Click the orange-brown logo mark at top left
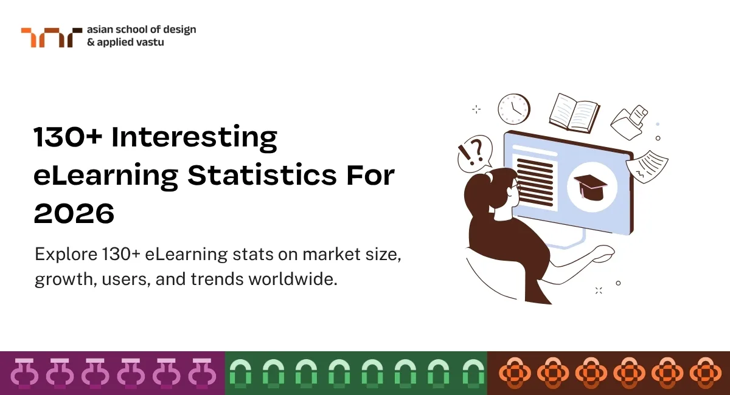pyautogui.click(x=51, y=37)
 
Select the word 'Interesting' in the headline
pyautogui.click(x=195, y=138)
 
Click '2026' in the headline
pyautogui.click(x=74, y=213)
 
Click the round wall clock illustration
pyautogui.click(x=513, y=109)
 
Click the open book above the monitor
pyautogui.click(x=574, y=112)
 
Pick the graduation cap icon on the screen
pyautogui.click(x=588, y=185)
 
